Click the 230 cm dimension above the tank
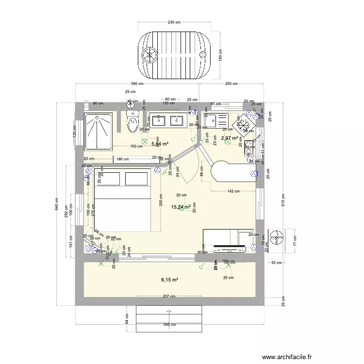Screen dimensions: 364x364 tap(174, 22)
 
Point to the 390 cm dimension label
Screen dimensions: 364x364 tap(136, 84)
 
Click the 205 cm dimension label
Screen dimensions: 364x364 tap(231, 84)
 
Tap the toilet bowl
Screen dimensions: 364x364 tap(132, 123)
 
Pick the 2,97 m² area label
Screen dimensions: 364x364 tap(230, 138)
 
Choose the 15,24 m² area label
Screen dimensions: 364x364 tap(181, 207)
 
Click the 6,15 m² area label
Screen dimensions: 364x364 tap(169, 280)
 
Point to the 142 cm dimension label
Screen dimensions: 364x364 tap(233, 191)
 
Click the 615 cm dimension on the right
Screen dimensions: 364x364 tap(281, 199)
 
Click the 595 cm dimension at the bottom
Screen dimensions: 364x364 tap(169, 325)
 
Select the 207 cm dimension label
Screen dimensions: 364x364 tap(169, 296)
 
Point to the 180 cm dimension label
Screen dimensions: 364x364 tap(123, 159)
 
